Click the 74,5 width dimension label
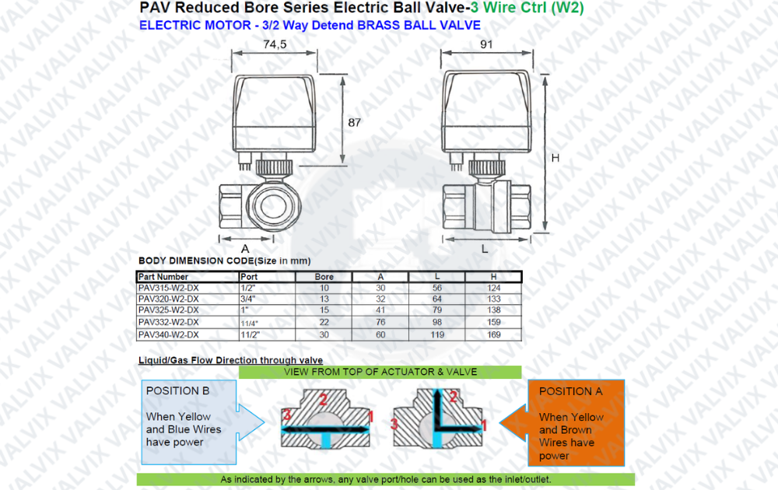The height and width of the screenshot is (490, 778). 275,44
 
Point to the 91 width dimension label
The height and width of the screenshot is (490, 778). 486,44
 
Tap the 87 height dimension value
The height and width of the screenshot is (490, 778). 354,123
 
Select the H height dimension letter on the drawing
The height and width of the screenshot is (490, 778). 555,158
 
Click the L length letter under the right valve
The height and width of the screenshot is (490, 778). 485,249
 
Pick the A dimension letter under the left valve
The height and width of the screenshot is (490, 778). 245,248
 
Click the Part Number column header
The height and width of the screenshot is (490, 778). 163,277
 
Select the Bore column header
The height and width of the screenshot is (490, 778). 324,277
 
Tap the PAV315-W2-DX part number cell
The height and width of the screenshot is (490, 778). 169,288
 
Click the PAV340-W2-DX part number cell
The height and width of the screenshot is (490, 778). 169,334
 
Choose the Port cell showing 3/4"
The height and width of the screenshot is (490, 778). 247,299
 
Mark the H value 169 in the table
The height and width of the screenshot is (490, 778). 494,334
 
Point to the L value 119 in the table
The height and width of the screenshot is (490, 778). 437,334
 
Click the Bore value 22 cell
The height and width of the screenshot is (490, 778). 324,322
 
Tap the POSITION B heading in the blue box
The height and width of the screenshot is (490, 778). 177,390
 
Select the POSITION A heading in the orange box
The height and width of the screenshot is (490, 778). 570,391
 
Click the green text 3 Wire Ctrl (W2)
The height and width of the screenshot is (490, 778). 527,8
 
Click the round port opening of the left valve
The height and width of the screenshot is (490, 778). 273,205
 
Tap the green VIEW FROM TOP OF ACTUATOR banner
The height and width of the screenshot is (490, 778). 380,372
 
